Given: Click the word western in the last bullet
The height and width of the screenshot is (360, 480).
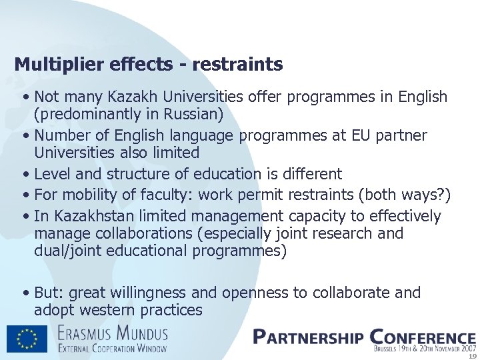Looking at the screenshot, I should click(111, 310).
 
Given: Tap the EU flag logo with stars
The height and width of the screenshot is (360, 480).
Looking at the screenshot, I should click(27, 338).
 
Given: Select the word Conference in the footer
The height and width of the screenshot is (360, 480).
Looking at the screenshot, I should click(422, 337).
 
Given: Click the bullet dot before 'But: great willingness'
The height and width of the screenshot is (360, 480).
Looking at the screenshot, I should click(25, 293).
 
